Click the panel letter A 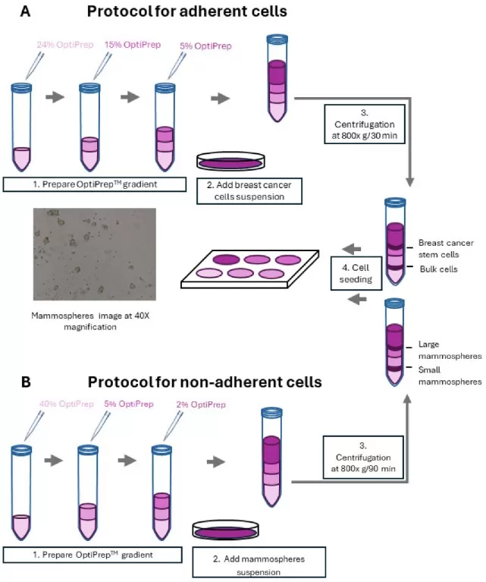(25, 12)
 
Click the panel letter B (25, 381)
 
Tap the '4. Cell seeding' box (352, 272)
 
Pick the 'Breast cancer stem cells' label (446, 248)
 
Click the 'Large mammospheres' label (448, 349)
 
